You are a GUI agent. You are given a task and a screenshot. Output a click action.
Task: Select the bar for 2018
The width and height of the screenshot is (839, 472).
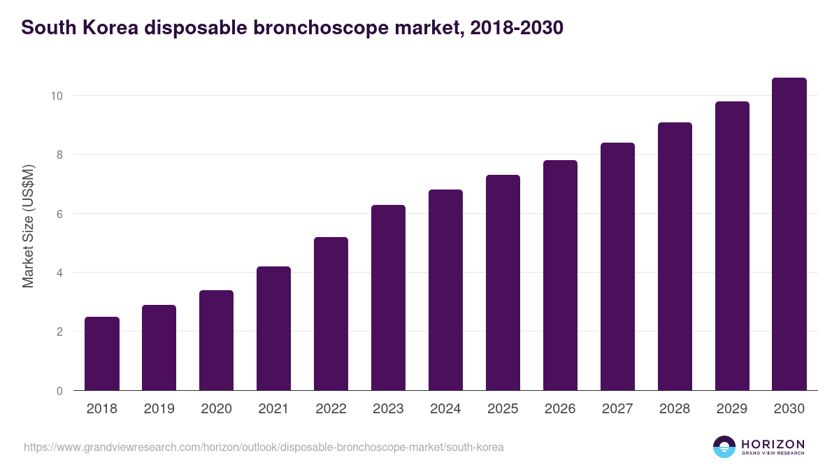pyautogui.click(x=102, y=354)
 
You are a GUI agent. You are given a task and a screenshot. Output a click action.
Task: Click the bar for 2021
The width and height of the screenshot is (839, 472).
pyautogui.click(x=274, y=329)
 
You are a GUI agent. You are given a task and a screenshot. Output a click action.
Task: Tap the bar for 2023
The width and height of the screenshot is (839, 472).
pyautogui.click(x=389, y=298)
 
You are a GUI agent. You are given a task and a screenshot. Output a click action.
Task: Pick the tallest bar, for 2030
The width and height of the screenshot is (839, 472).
pyautogui.click(x=789, y=234)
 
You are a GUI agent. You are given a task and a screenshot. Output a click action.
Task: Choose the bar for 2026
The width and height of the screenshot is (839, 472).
pyautogui.click(x=560, y=276)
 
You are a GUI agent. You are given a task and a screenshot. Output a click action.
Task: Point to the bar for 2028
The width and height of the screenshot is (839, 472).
pyautogui.click(x=675, y=257)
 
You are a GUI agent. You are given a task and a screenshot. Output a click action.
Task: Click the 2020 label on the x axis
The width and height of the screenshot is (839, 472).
pyautogui.click(x=217, y=409)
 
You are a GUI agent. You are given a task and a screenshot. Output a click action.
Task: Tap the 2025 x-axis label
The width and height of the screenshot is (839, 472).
pyautogui.click(x=503, y=409)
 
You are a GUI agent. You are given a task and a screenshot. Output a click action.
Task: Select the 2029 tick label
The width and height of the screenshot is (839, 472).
pyautogui.click(x=732, y=409)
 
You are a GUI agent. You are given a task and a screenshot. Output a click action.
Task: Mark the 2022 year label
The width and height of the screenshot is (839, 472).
pyautogui.click(x=331, y=409)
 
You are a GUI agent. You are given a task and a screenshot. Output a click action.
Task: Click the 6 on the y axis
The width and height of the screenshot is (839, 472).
pyautogui.click(x=60, y=214)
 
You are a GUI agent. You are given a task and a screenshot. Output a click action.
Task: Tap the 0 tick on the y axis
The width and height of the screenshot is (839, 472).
pyautogui.click(x=60, y=391)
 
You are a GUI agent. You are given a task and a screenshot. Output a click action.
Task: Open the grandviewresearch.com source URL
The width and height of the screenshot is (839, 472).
pyautogui.click(x=264, y=447)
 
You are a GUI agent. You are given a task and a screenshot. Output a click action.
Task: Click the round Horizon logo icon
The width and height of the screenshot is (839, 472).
pyautogui.click(x=724, y=447)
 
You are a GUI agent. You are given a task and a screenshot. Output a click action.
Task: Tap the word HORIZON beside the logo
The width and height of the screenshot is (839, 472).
pyautogui.click(x=773, y=444)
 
